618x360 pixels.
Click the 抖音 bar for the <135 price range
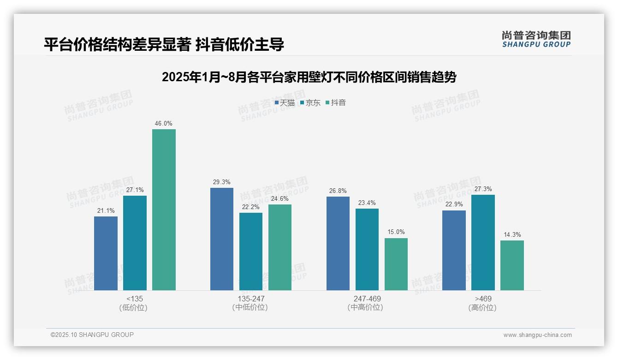click(x=164, y=210)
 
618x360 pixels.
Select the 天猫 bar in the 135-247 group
click(x=222, y=239)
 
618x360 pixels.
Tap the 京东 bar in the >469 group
click(x=483, y=242)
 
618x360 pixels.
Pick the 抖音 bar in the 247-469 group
click(x=396, y=264)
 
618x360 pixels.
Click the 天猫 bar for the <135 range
click(x=106, y=253)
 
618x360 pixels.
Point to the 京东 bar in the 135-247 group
click(x=251, y=252)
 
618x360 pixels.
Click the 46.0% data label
click(x=164, y=124)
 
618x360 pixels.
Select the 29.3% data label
click(x=222, y=182)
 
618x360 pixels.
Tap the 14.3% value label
click(x=512, y=235)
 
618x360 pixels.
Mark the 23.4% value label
click(x=367, y=203)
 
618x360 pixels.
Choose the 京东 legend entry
click(x=310, y=103)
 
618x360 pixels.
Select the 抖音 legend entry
click(x=336, y=103)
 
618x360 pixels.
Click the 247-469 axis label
click(x=367, y=299)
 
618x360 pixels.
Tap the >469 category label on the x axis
click(x=483, y=299)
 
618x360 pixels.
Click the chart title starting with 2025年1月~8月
click(x=309, y=77)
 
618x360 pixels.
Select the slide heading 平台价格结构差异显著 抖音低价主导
click(x=164, y=44)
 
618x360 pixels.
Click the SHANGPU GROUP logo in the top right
click(x=536, y=39)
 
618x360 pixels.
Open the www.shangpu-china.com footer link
click(x=537, y=335)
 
